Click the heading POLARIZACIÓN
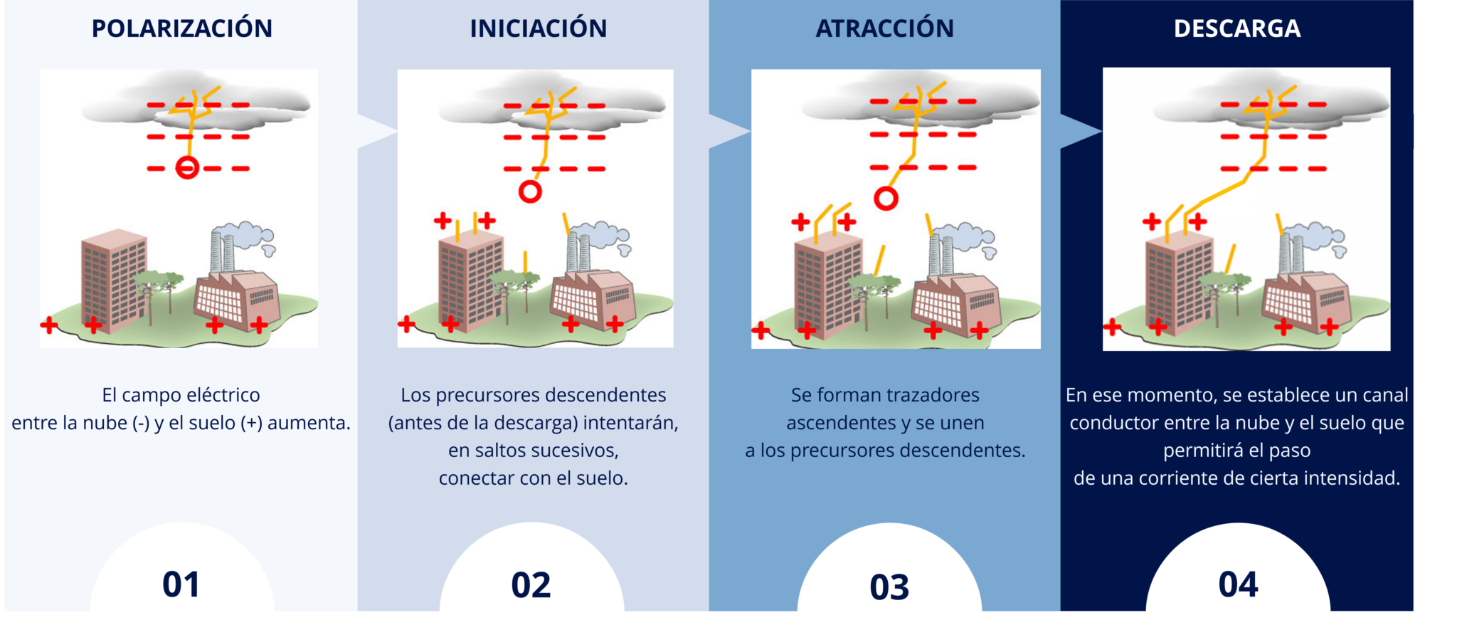tap(182, 28)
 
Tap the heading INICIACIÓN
tap(539, 28)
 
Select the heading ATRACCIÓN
tap(885, 28)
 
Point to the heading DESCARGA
tap(1237, 28)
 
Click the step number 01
tap(181, 584)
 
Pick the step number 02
tap(531, 585)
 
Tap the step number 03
tap(889, 587)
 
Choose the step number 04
tap(1238, 584)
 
